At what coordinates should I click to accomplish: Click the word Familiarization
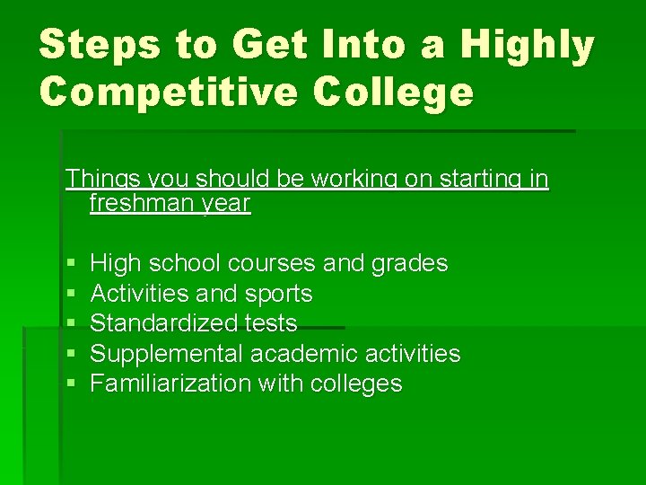point(170,384)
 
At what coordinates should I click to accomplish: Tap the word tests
point(270,323)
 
